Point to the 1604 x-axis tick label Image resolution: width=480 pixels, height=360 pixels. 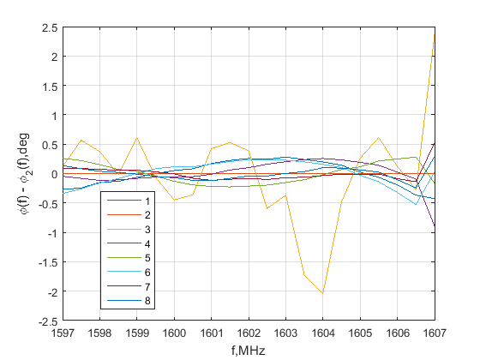coord(322,331)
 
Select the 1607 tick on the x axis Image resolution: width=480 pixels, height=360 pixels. coord(434,331)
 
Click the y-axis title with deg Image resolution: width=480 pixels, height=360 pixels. coord(27,174)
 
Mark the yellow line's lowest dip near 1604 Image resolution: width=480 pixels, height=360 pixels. coord(322,294)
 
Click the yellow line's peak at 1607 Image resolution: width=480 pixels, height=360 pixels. coord(435,33)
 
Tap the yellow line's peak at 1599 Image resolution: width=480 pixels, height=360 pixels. coord(137,137)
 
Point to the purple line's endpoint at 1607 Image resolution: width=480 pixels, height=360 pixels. coord(435,225)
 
